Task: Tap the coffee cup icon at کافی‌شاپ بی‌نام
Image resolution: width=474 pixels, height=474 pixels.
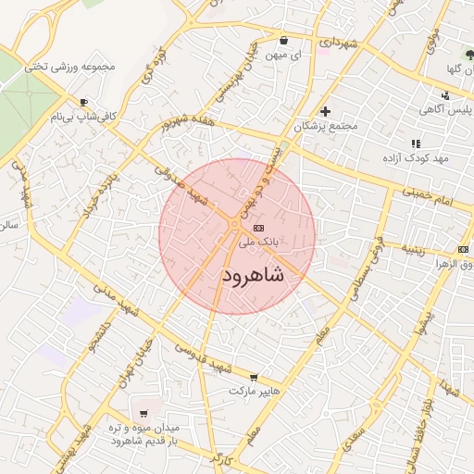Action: (x=84, y=103)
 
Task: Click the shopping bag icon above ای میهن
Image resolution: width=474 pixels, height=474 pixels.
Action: (x=282, y=41)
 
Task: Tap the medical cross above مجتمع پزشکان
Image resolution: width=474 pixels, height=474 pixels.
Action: (x=324, y=111)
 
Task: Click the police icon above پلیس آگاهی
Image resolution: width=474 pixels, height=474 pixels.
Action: (x=445, y=95)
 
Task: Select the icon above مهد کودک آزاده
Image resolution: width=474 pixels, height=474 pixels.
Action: (x=416, y=143)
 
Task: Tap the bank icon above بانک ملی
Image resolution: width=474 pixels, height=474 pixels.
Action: (x=258, y=228)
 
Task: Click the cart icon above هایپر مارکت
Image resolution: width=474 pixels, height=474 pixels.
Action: (x=254, y=378)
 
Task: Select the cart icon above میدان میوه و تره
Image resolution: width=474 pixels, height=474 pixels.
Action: (x=143, y=414)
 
